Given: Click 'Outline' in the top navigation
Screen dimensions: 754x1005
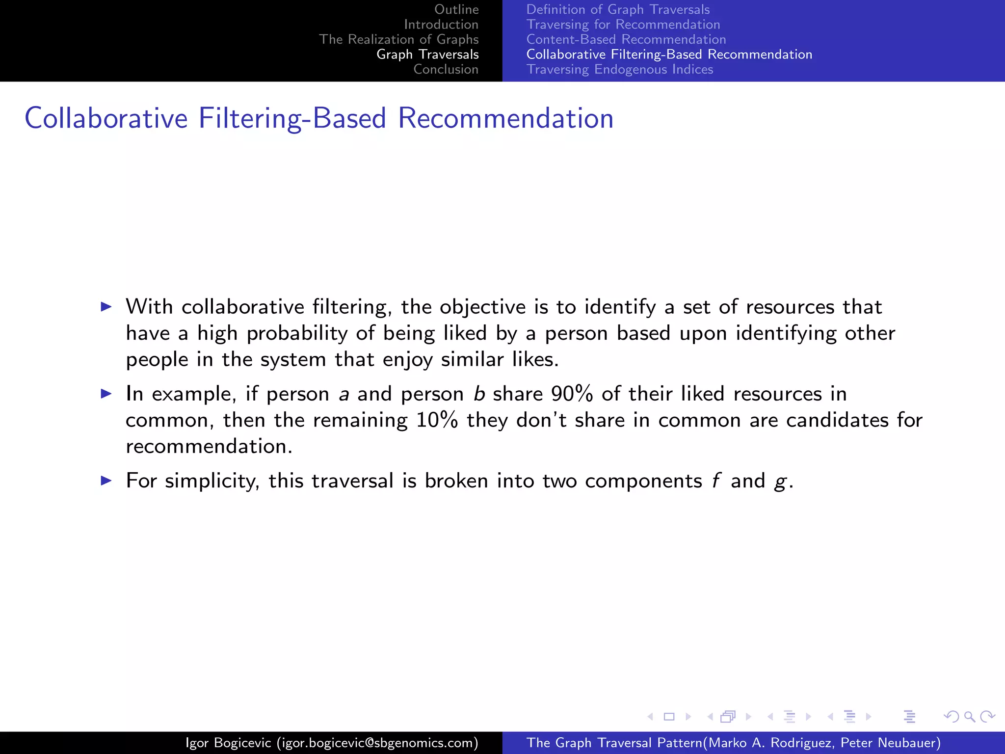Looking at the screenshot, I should point(456,9).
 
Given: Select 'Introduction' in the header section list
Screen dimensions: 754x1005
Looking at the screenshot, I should point(441,25).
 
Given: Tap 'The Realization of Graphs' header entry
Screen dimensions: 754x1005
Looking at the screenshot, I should point(398,39).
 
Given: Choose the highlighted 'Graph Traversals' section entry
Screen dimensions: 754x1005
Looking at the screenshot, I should point(427,54).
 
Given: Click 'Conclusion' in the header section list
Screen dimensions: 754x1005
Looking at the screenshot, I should point(446,69).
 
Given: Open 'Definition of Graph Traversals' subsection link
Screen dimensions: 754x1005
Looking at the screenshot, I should point(618,9).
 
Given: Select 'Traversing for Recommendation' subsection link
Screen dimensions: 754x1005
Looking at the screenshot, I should point(623,25).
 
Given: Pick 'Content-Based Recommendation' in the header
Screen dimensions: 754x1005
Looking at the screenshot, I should point(626,39).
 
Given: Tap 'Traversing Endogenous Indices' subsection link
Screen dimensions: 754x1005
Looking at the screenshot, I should point(620,69).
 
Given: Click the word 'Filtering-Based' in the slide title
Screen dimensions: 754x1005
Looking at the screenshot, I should point(292,119).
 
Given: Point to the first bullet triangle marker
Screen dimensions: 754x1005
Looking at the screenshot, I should point(106,307).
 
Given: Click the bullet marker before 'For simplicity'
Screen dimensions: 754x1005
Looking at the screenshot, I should point(106,481).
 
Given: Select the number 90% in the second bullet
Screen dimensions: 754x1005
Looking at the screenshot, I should point(572,394).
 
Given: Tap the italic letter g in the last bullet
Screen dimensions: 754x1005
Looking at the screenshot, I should point(780,482).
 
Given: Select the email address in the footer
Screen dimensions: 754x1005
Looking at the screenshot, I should point(377,743).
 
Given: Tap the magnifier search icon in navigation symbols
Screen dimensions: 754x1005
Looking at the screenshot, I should point(969,717).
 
